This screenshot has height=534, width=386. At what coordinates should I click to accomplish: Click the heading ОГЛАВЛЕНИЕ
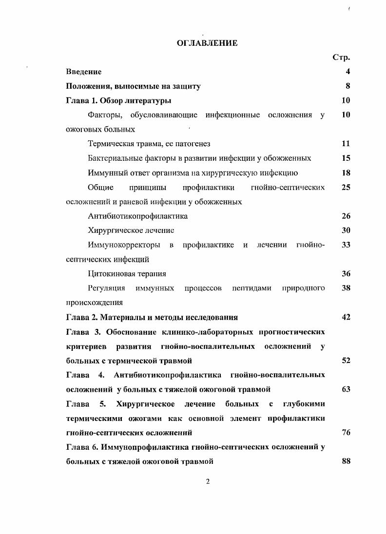coord(207,43)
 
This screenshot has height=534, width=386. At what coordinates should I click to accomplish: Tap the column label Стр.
coord(341,57)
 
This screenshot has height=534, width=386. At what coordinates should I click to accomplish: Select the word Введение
coord(84,72)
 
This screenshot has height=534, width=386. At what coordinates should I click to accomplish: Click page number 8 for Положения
coord(347,86)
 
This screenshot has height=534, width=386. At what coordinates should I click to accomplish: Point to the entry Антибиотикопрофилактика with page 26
coord(138,216)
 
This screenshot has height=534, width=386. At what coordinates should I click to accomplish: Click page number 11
coord(346,144)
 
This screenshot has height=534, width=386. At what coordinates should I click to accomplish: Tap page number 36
coord(346,274)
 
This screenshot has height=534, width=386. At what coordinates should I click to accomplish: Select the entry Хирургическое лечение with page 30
coord(131,230)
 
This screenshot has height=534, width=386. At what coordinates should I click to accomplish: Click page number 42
coord(346,317)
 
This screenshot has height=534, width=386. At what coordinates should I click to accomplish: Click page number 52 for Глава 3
coord(346,361)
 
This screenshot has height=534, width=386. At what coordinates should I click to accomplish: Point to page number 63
coord(346,389)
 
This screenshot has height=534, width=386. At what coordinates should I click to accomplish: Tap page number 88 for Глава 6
coord(346,461)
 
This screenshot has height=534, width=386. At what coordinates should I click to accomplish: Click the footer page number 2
coord(208,482)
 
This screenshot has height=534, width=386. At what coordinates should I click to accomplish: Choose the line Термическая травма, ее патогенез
coord(149,144)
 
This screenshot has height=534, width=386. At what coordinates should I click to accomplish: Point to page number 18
coord(346,172)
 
